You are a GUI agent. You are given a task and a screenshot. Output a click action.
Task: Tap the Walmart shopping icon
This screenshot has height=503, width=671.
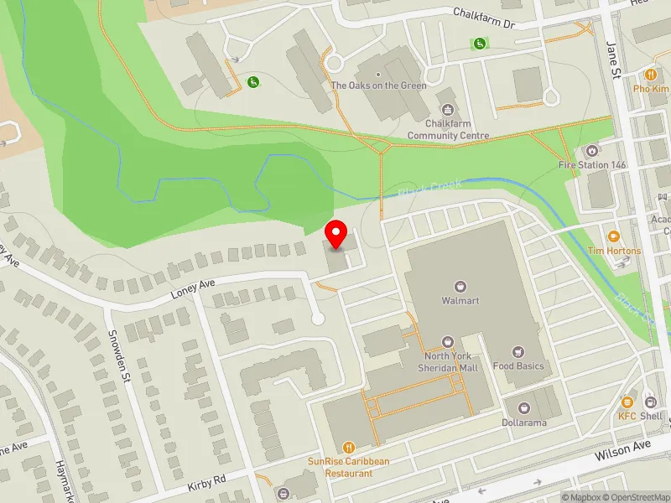459,286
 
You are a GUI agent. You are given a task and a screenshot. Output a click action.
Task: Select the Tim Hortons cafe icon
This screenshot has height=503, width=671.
614,236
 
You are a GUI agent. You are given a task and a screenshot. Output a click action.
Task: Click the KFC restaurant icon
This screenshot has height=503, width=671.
628,402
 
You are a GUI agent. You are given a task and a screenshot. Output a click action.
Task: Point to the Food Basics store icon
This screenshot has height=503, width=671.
518,351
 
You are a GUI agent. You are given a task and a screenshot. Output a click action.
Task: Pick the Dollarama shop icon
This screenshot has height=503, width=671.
524,408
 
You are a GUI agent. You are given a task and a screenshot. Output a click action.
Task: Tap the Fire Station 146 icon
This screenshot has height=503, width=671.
592,151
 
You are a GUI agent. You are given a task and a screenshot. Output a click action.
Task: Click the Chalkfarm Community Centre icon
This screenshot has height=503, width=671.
448,109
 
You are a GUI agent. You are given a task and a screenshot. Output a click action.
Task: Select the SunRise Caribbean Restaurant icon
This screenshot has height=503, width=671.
349,447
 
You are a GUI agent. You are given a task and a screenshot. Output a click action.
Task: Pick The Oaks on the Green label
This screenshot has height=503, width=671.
378,86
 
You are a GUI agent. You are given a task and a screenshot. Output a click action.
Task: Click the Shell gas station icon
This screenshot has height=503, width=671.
650,402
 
